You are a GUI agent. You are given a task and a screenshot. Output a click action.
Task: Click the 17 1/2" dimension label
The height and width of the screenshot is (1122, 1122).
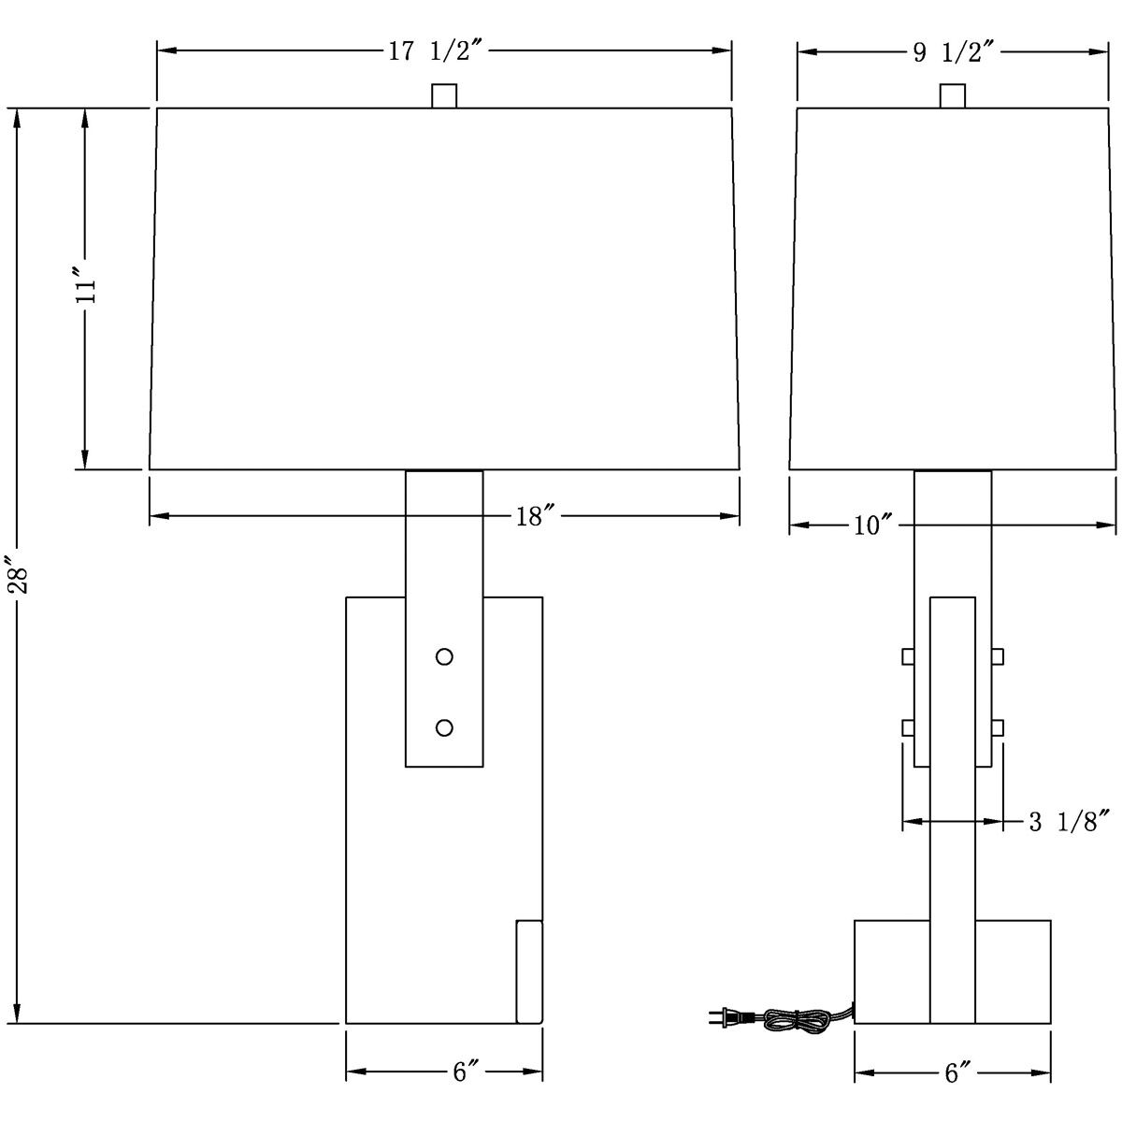[x=436, y=51]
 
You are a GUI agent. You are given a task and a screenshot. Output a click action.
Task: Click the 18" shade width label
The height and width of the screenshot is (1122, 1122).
[x=535, y=516]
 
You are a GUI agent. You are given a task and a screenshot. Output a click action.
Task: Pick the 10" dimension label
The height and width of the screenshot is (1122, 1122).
[x=873, y=525]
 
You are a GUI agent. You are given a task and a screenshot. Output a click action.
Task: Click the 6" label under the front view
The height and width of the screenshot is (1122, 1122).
[x=466, y=1072]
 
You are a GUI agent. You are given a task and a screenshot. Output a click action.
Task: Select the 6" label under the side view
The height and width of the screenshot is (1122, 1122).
[x=957, y=1073]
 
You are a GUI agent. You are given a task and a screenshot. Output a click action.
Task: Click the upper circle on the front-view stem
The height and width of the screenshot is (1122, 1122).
[x=444, y=656]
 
